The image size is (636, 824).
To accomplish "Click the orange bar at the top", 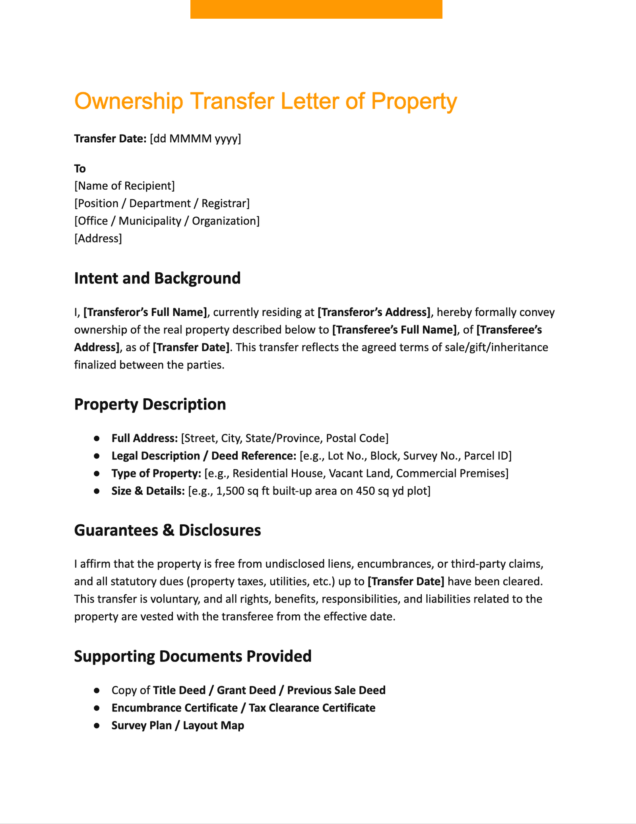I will tap(316, 9).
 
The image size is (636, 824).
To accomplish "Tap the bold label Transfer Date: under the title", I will tap(110, 139).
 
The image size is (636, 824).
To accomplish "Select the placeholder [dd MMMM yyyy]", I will tap(195, 139).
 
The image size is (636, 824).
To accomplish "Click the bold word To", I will tap(80, 169).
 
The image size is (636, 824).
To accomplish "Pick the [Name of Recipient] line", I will tap(124, 186).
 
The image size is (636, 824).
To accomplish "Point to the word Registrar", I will tap(225, 204).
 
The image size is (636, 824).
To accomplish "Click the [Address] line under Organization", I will tap(98, 238).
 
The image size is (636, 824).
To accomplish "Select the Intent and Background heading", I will tap(157, 278).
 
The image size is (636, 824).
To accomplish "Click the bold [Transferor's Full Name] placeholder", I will tap(145, 312).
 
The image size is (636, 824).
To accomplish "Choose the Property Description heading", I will tap(150, 404).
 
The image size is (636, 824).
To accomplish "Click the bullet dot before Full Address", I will tap(97, 438).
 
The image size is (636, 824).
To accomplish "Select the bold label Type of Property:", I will tap(156, 473).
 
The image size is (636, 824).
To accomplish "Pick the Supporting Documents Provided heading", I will tap(193, 656).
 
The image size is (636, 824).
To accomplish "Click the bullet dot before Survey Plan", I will tap(97, 725).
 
